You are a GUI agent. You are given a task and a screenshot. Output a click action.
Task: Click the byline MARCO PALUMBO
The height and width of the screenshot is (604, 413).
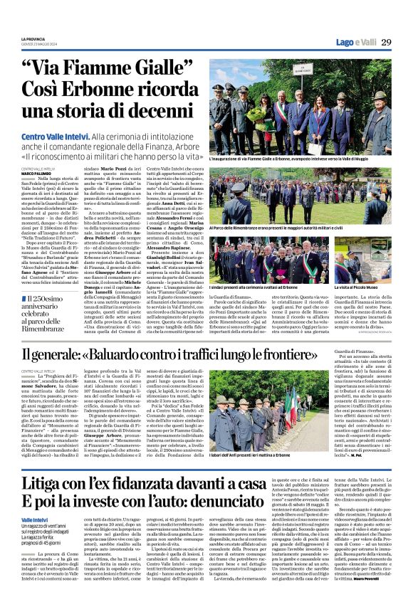click(36, 173)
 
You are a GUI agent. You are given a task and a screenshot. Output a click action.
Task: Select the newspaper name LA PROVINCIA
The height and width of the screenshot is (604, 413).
click(33, 38)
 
